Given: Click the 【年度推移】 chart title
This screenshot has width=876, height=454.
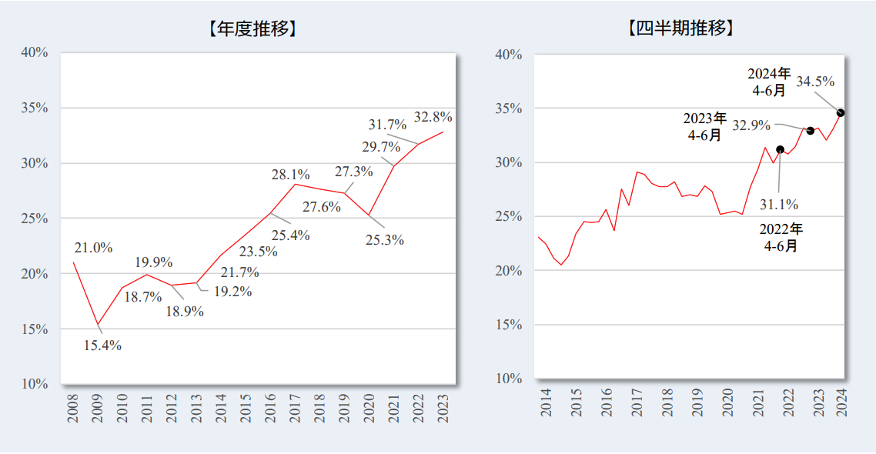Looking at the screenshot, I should (252, 30).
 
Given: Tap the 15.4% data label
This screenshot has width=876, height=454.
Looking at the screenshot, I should (102, 346).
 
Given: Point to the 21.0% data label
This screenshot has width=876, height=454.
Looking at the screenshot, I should (93, 248).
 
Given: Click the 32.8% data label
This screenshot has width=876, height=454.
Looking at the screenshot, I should (433, 117).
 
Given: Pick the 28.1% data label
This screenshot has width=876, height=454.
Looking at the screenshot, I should (290, 175).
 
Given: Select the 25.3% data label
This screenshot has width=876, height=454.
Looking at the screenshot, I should (385, 240).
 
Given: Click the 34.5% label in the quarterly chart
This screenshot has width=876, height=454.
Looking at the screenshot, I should (815, 82).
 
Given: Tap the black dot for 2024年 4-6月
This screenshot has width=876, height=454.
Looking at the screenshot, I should (841, 112).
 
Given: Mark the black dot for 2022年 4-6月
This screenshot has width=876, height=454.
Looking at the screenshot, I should (780, 149).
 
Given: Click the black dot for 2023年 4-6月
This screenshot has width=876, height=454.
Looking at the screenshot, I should (810, 130).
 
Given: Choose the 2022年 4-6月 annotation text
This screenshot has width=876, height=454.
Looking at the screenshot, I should (781, 238).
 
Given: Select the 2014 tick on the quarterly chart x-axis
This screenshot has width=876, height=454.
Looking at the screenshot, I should (546, 402).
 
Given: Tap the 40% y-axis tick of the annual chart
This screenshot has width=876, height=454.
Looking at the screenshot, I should (35, 52).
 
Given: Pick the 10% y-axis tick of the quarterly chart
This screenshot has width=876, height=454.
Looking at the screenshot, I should (509, 379).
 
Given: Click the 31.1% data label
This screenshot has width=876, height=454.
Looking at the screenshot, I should (779, 205).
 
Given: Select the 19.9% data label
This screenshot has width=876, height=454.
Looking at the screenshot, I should (153, 262).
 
